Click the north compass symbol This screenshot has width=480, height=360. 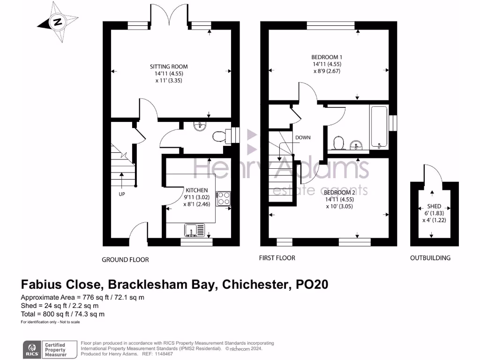point(58,22)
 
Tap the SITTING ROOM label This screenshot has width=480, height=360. point(169,67)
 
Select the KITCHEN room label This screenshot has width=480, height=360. point(196,190)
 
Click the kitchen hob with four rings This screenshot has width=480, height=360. point(223,198)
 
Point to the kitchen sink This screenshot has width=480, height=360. point(195,230)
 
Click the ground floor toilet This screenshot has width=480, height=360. point(222,136)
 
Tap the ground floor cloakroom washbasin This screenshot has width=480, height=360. point(200,126)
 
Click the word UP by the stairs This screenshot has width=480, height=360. point(122,194)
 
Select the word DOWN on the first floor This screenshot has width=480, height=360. point(303,138)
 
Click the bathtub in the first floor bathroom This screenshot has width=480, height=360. point(379,127)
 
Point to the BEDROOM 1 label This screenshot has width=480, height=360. point(327,57)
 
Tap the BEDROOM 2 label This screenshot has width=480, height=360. point(339,193)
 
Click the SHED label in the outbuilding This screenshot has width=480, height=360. point(434,206)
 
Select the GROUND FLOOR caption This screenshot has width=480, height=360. point(125,260)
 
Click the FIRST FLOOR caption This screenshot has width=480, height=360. point(277,258)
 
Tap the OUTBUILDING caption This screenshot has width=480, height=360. point(430,258)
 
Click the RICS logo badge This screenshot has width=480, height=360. point(32,349)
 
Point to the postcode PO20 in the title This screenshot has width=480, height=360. point(312,285)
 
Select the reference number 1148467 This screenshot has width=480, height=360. point(163,354)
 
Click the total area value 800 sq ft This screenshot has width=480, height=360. point(54,314)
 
